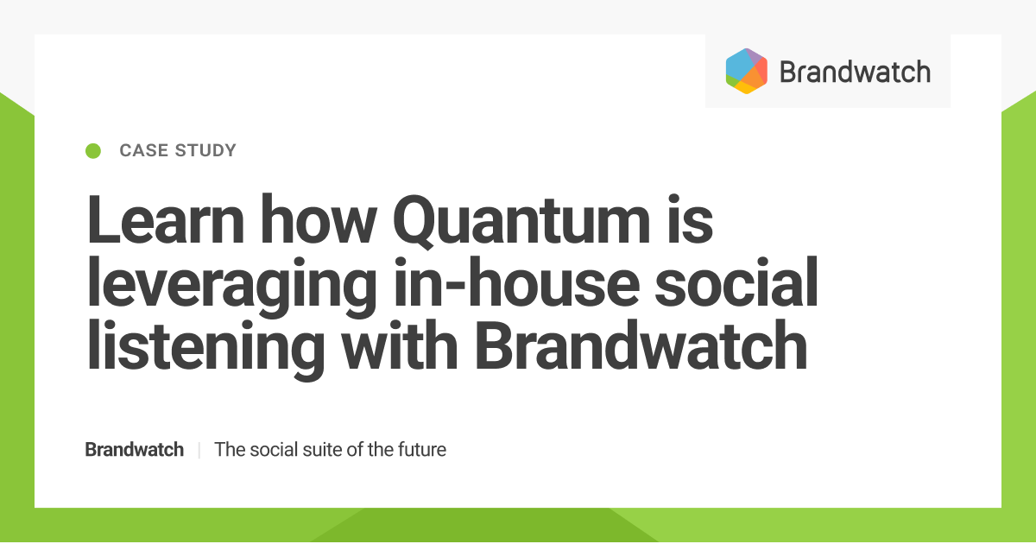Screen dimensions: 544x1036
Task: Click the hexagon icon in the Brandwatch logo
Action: [747, 71]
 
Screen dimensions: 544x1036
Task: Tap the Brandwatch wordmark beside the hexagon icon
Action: [855, 71]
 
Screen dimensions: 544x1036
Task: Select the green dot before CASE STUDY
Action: [94, 151]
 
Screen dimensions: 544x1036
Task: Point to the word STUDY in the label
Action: [205, 151]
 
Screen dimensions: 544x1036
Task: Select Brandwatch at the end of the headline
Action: [641, 345]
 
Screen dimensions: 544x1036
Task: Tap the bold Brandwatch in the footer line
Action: [134, 450]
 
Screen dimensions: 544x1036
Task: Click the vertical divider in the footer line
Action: [199, 450]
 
